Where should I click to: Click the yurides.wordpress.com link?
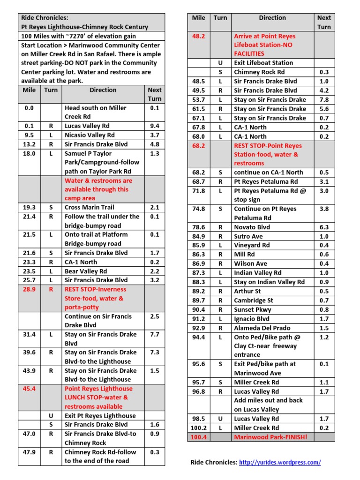tap(280, 462)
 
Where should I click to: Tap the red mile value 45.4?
tap(29, 389)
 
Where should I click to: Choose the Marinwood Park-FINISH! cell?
tap(270, 437)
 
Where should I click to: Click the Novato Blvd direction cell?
tap(252, 227)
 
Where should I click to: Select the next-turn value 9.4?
tap(154, 126)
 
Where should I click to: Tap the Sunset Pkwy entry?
tap(253, 309)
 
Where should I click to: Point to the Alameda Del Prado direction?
tap(262, 328)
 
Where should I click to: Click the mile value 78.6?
tap(199, 227)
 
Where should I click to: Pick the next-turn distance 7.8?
tap(324, 99)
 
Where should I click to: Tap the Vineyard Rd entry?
tap(252, 245)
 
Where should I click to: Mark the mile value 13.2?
tap(29, 144)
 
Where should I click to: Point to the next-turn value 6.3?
tap(324, 227)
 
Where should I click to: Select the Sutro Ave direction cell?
tap(248, 236)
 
